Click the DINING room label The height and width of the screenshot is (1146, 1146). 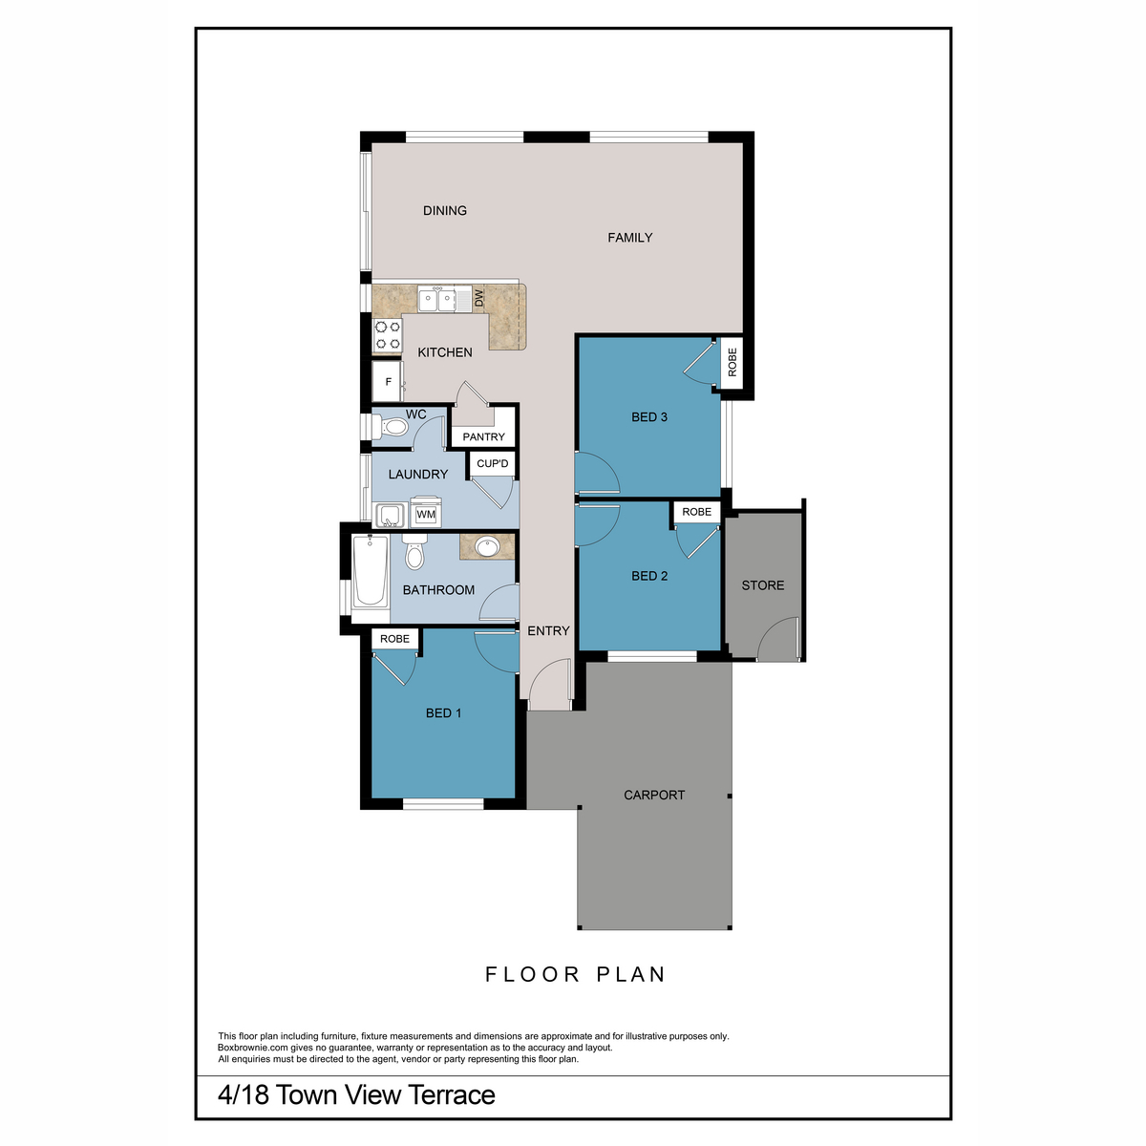(445, 210)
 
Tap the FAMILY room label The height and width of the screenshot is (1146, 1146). (629, 238)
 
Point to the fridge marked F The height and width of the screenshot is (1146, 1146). (388, 382)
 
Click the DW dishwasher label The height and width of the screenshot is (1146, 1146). (479, 298)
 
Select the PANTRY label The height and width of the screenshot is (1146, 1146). (483, 437)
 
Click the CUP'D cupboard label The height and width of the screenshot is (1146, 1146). (493, 464)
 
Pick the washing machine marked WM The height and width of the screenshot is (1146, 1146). (426, 514)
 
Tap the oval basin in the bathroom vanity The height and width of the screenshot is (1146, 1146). (486, 547)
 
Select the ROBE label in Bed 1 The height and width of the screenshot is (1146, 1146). (394, 639)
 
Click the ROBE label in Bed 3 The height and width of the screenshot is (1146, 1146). (732, 362)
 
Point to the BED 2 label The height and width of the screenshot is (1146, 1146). (649, 576)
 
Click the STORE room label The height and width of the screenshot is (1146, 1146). (763, 585)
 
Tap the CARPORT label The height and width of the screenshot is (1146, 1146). (654, 795)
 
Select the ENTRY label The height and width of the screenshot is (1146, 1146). (548, 631)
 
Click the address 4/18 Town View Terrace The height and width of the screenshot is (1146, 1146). (356, 1095)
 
